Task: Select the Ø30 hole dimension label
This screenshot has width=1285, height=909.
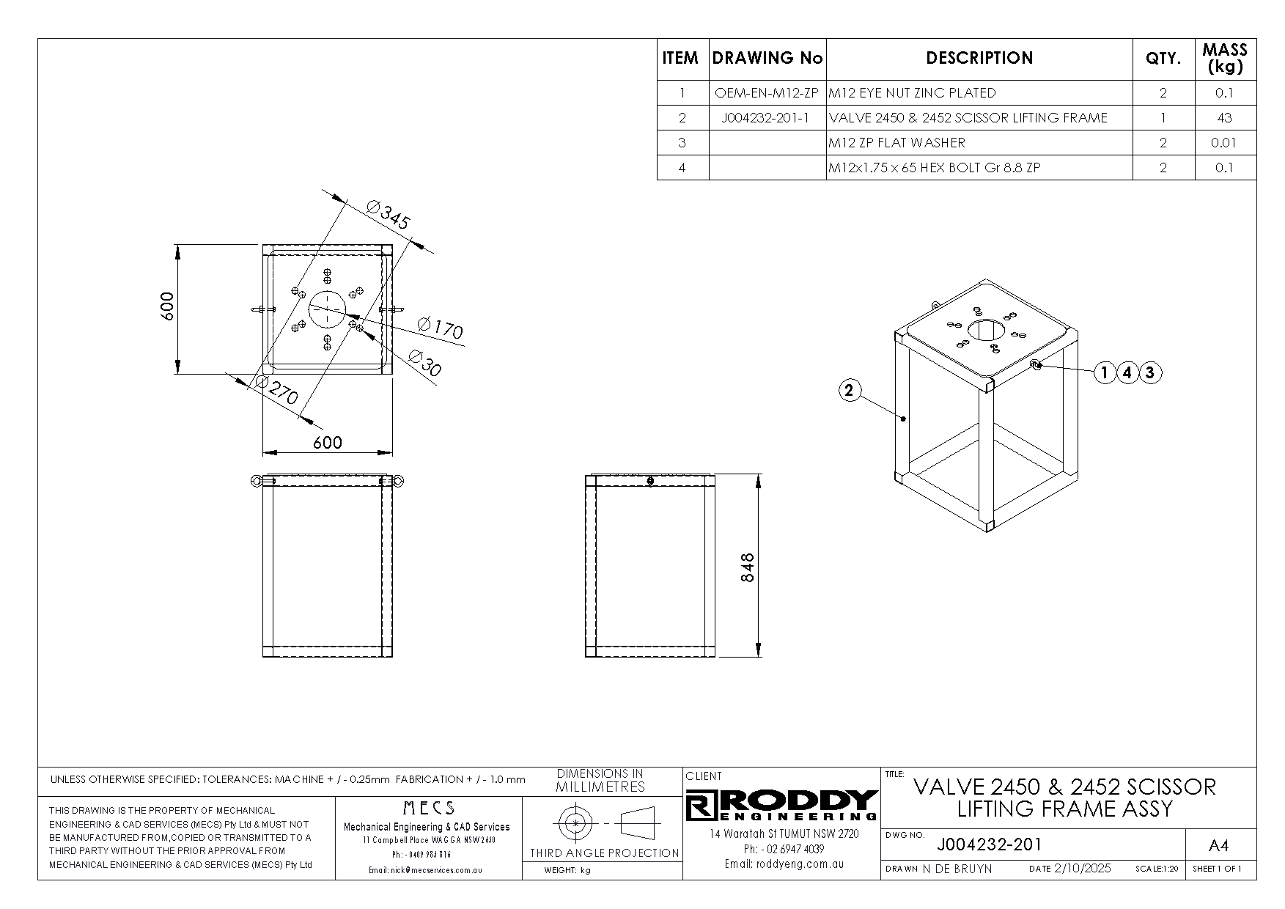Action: coord(424,364)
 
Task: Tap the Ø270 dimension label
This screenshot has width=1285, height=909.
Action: coord(276,391)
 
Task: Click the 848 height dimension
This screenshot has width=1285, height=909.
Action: coord(747,567)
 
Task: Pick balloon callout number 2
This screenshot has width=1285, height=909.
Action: coord(849,391)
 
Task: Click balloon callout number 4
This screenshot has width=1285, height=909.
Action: coord(1127,373)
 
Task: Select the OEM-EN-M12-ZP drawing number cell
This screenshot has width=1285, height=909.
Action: coord(767,93)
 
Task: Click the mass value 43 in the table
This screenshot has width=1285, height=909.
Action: coord(1224,118)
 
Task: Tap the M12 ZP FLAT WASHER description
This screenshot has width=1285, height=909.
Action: coord(896,143)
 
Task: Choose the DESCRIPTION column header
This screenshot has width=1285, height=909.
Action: coord(979,58)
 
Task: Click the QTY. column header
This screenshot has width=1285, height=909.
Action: coord(1163,58)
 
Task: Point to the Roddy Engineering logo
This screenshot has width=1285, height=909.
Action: coord(782,806)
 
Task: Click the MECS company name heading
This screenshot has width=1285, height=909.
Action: coord(429,808)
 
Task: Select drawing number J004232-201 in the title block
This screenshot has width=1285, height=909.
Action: coord(989,844)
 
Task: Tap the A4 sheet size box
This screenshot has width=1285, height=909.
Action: coord(1218,846)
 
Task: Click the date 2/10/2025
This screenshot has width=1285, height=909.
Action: coord(1082,869)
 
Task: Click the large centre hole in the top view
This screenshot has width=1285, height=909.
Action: coord(327,309)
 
